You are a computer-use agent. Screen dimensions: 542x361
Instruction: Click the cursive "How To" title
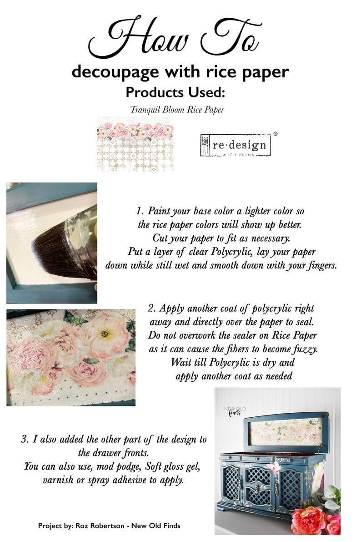click(175, 38)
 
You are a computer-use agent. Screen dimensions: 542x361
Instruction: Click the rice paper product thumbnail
click(135, 143)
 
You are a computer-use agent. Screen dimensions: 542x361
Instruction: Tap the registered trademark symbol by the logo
click(275, 134)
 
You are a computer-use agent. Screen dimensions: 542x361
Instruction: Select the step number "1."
click(140, 212)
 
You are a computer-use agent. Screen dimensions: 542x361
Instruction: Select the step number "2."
click(152, 308)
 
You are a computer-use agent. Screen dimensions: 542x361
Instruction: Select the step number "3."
click(25, 440)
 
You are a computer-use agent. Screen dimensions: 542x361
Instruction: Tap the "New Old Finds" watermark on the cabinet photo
click(235, 411)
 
